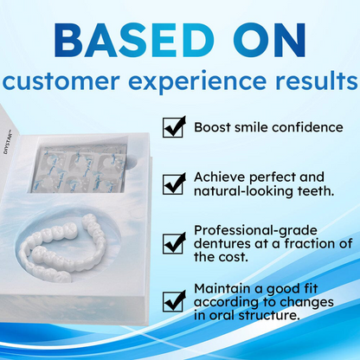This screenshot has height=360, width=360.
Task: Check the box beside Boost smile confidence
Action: coord(174,127)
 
